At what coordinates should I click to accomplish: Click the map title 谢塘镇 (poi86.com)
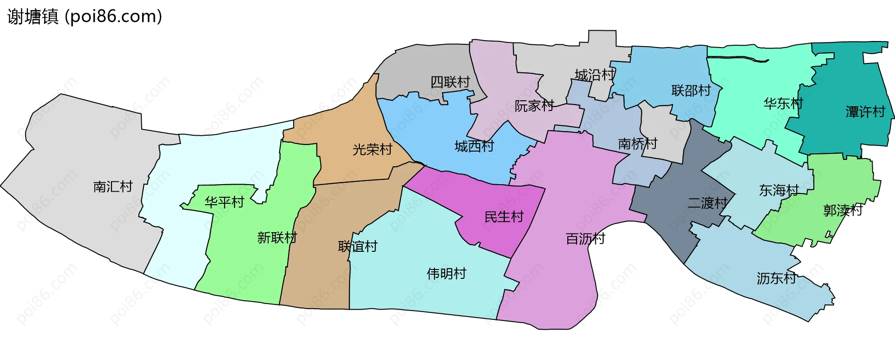(x=85, y=17)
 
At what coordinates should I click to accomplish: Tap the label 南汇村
(x=113, y=187)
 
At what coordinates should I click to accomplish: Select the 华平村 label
(x=224, y=202)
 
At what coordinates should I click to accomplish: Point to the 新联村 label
(x=277, y=238)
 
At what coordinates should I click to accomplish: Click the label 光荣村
(x=372, y=150)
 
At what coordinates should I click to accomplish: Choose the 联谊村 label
(x=358, y=247)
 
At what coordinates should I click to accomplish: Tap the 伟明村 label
(x=446, y=274)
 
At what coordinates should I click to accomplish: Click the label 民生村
(x=504, y=217)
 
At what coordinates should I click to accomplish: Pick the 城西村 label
(x=474, y=146)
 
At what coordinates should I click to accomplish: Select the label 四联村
(x=450, y=83)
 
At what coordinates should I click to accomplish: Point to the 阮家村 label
(x=534, y=106)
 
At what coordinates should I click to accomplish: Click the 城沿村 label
(x=594, y=75)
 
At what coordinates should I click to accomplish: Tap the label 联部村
(x=691, y=91)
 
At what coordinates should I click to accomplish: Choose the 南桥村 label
(x=637, y=144)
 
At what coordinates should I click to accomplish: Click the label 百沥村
(x=585, y=239)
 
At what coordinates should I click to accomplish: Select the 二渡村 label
(x=707, y=203)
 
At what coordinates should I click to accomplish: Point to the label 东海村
(x=778, y=190)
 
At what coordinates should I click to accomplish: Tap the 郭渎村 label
(x=842, y=210)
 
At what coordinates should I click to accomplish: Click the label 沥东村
(x=776, y=278)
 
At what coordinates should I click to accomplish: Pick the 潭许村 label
(x=865, y=112)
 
